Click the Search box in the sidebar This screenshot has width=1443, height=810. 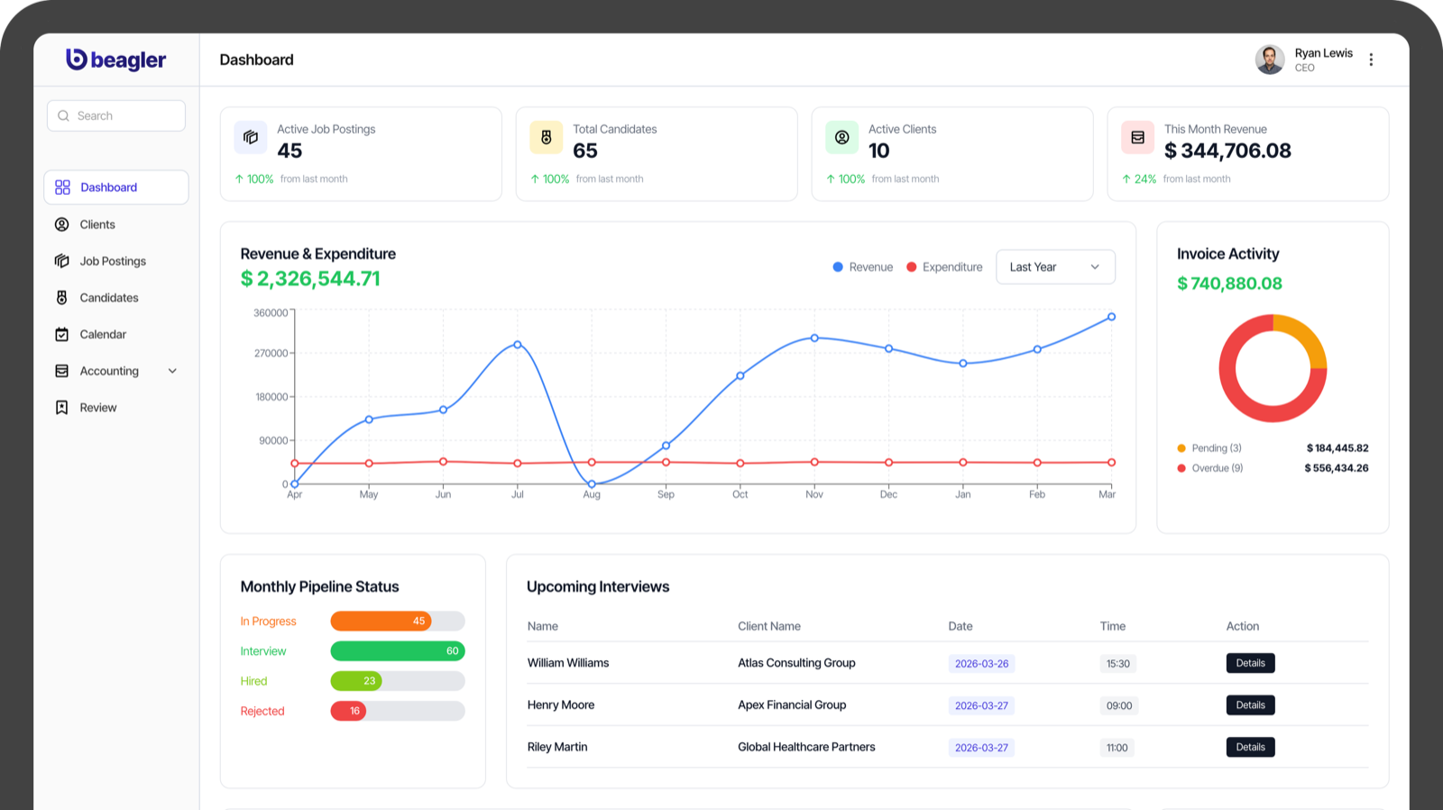point(116,115)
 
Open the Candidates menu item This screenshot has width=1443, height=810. point(108,298)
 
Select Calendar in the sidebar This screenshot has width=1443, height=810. point(103,335)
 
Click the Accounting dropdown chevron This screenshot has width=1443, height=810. point(172,371)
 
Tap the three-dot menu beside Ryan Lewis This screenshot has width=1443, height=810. point(1371,60)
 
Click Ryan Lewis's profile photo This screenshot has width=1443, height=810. point(1270,60)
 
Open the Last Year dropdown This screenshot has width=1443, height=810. point(1055,267)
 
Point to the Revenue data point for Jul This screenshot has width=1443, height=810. point(518,345)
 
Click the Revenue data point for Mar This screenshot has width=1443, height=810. point(1111,317)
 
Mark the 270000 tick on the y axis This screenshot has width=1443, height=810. point(271,354)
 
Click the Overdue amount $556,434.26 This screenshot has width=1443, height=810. point(1336,468)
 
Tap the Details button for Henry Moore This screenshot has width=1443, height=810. point(1250,705)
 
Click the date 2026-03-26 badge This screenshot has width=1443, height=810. point(981,664)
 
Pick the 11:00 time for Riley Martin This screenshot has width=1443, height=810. point(1117,748)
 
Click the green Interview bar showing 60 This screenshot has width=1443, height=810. point(397,651)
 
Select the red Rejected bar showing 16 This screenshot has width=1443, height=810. point(348,711)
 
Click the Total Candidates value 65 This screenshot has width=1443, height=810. point(585,151)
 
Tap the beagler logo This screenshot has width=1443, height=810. point(116,60)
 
